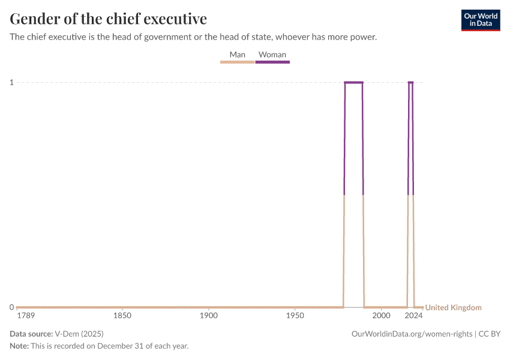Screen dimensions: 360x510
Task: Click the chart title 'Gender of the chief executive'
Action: tap(109, 19)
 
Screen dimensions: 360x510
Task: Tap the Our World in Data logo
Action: tap(481, 20)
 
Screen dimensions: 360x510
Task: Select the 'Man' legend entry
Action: tap(238, 55)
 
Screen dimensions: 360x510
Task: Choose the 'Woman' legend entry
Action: tap(272, 55)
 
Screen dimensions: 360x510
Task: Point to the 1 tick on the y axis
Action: tap(11, 82)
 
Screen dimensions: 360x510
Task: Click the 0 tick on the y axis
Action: tap(11, 307)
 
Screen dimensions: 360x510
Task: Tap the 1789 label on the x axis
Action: tap(26, 315)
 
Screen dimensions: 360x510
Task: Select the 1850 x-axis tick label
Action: tap(122, 315)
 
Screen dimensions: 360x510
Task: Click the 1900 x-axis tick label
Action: tap(209, 315)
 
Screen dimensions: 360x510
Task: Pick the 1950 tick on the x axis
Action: tap(295, 315)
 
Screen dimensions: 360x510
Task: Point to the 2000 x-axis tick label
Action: tap(381, 315)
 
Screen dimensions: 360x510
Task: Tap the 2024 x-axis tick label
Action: tap(413, 315)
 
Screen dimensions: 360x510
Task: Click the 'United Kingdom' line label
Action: tap(453, 308)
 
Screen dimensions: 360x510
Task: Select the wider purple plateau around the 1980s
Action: tap(353, 82)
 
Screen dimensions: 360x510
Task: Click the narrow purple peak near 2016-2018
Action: tap(410, 82)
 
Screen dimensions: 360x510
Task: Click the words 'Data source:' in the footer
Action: tap(31, 334)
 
